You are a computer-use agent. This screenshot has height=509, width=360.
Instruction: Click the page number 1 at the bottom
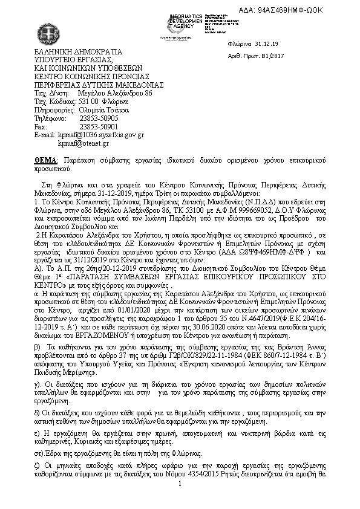pos(180,501)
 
